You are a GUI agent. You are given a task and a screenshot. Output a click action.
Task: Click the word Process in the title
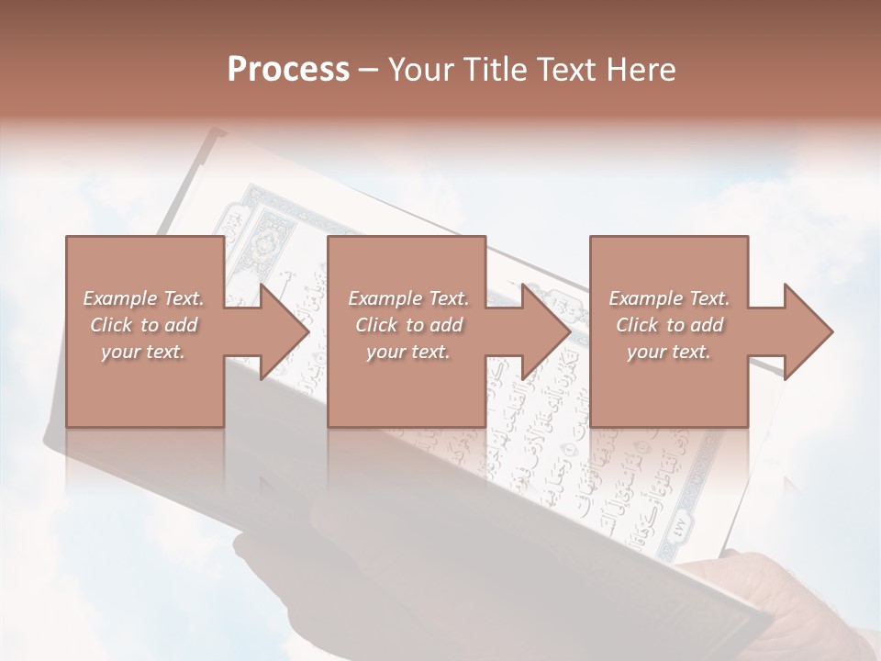click(288, 70)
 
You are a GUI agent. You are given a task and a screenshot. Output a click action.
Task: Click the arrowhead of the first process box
click(281, 331)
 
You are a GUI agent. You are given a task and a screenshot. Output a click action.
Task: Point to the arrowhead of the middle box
click(543, 331)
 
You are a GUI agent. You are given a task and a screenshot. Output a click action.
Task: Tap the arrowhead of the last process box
click(806, 331)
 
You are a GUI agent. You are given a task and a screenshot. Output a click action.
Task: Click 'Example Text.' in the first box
click(144, 298)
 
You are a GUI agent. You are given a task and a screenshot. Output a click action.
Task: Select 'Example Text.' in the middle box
click(407, 298)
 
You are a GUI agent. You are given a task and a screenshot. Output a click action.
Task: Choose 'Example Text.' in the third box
click(669, 298)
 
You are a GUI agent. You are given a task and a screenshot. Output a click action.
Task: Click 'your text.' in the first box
click(144, 352)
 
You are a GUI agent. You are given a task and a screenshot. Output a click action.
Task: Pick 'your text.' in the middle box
click(407, 352)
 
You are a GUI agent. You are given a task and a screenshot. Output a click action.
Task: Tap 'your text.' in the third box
click(669, 352)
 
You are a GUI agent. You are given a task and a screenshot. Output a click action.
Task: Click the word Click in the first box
click(112, 325)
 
